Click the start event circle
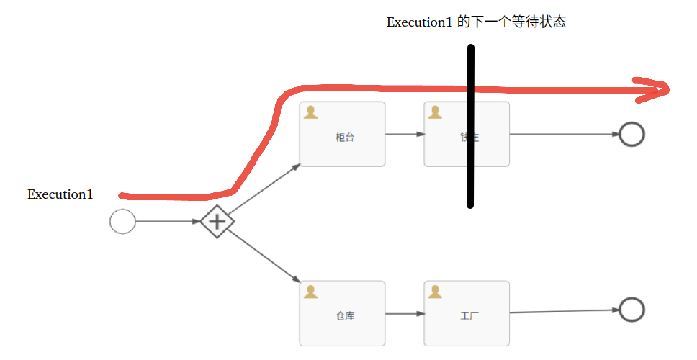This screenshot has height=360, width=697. point(122,221)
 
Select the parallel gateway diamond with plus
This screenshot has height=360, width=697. point(217,221)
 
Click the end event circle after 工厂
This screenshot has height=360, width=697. point(631,310)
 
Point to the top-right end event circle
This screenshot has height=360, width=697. point(631,134)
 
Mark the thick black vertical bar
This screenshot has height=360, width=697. point(470,126)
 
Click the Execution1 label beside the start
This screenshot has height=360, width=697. point(60,194)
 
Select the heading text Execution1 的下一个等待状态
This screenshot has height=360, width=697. point(476,22)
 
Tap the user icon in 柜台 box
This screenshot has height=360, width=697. point(310,112)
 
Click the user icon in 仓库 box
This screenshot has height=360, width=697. point(310,291)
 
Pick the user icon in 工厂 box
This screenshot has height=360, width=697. point(435,291)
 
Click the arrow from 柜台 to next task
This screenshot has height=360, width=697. point(404,134)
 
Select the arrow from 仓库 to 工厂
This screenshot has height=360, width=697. point(404,313)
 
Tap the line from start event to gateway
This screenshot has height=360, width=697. point(168,221)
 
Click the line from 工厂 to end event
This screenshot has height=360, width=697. point(564,311)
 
